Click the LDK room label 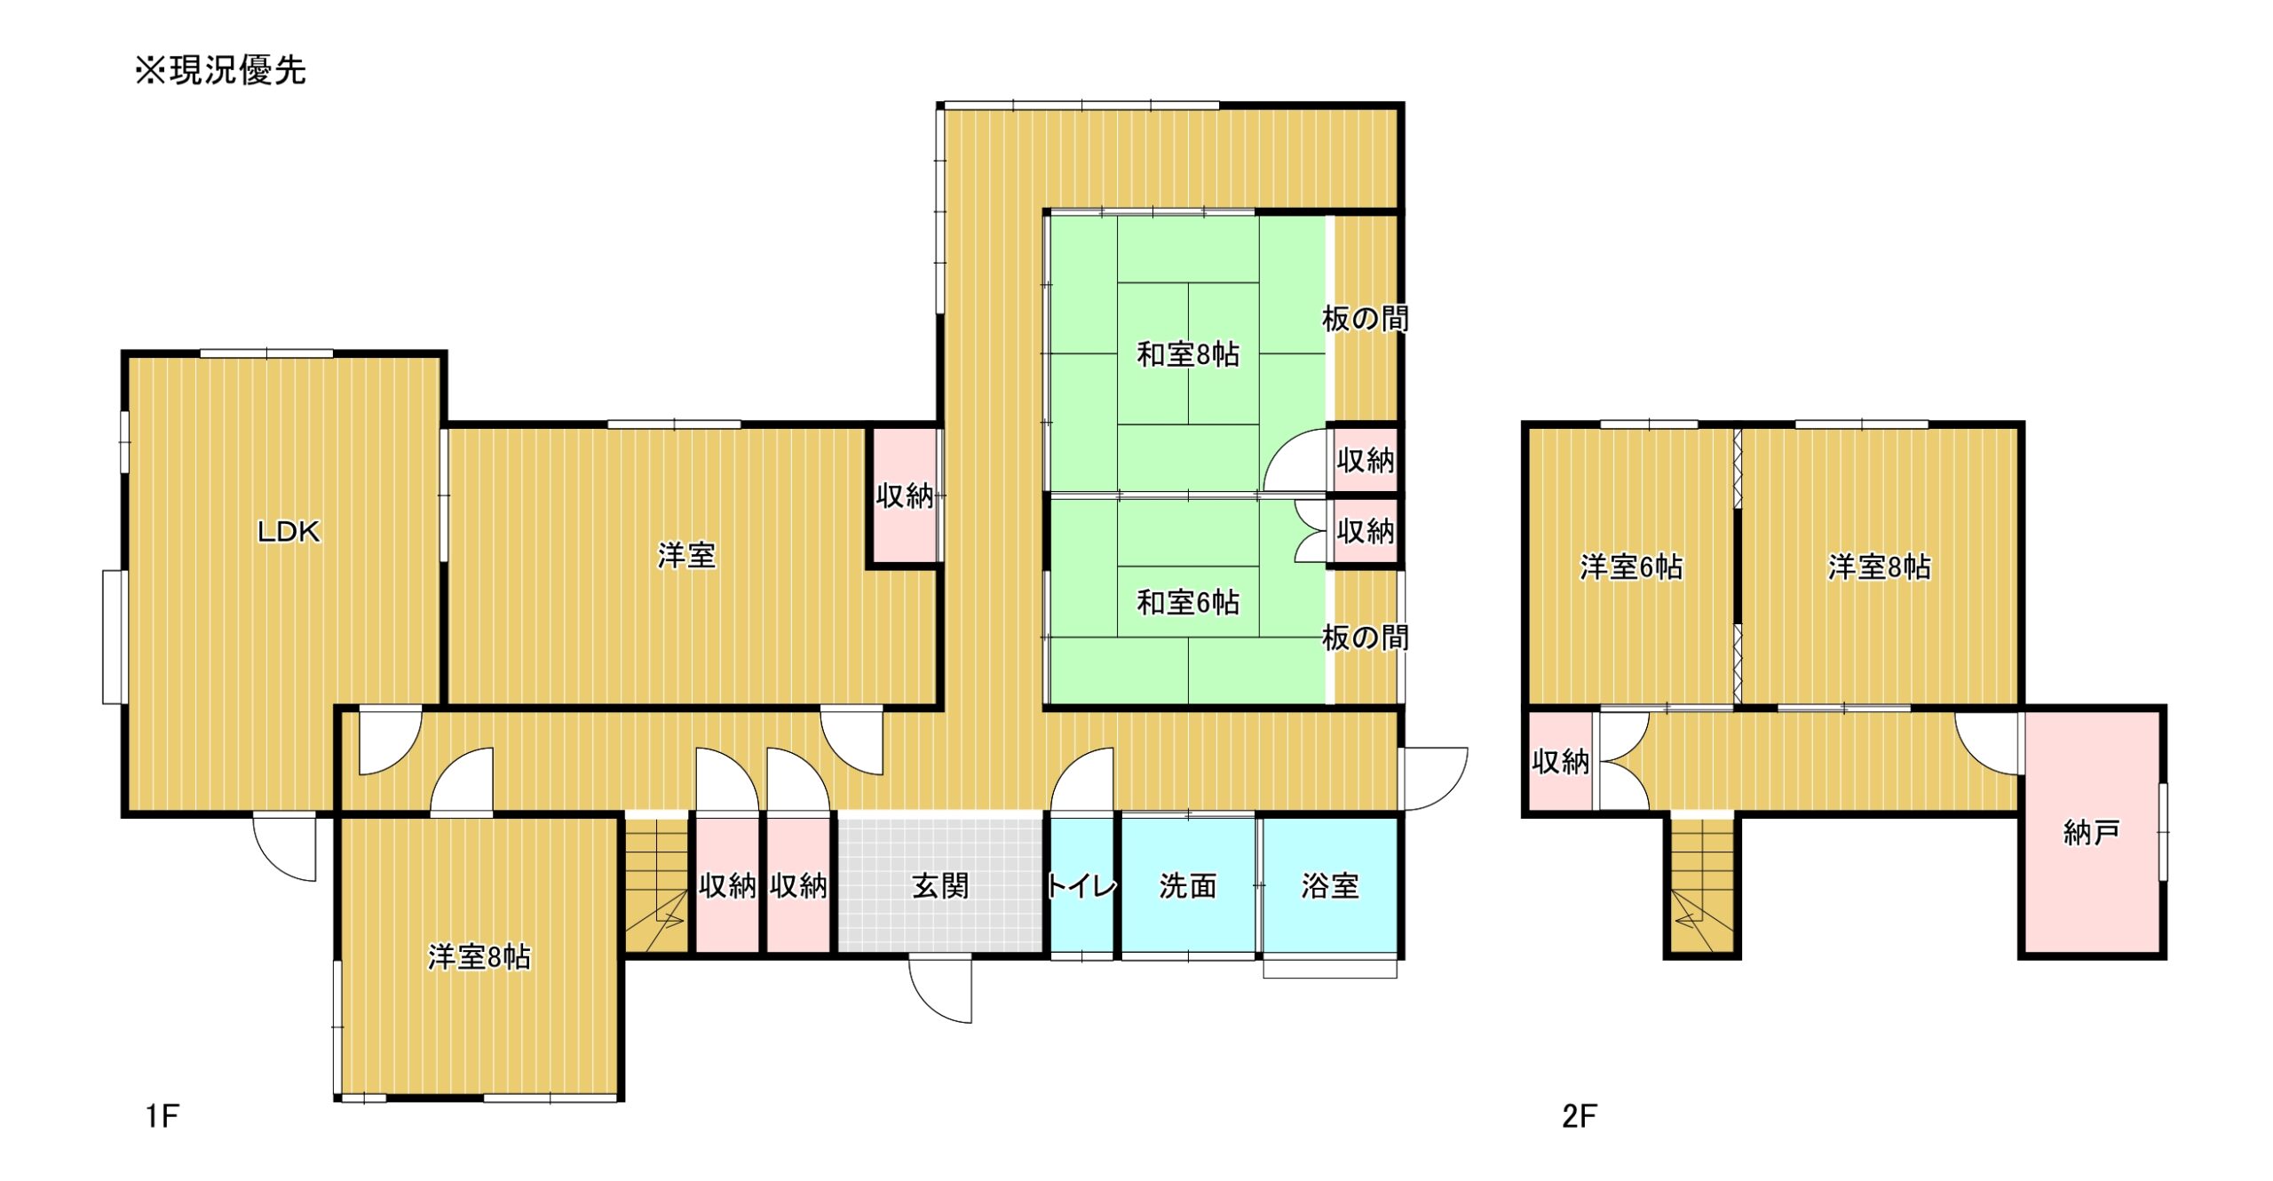(289, 532)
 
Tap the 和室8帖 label (1188, 354)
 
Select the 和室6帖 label (1188, 603)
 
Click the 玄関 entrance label (940, 885)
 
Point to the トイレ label (1081, 885)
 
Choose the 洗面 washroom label (1188, 885)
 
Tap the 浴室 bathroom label (1330, 885)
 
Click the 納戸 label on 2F (2092, 832)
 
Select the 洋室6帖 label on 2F (1631, 567)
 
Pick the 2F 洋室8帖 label (1879, 567)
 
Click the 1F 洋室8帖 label (479, 956)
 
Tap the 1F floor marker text (162, 1116)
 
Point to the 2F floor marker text (1580, 1116)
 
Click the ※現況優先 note (220, 70)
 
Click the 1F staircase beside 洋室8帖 (657, 885)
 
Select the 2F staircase (1702, 885)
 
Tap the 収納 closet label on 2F (1560, 761)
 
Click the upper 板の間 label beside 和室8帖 (1366, 319)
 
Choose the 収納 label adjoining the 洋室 (905, 496)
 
